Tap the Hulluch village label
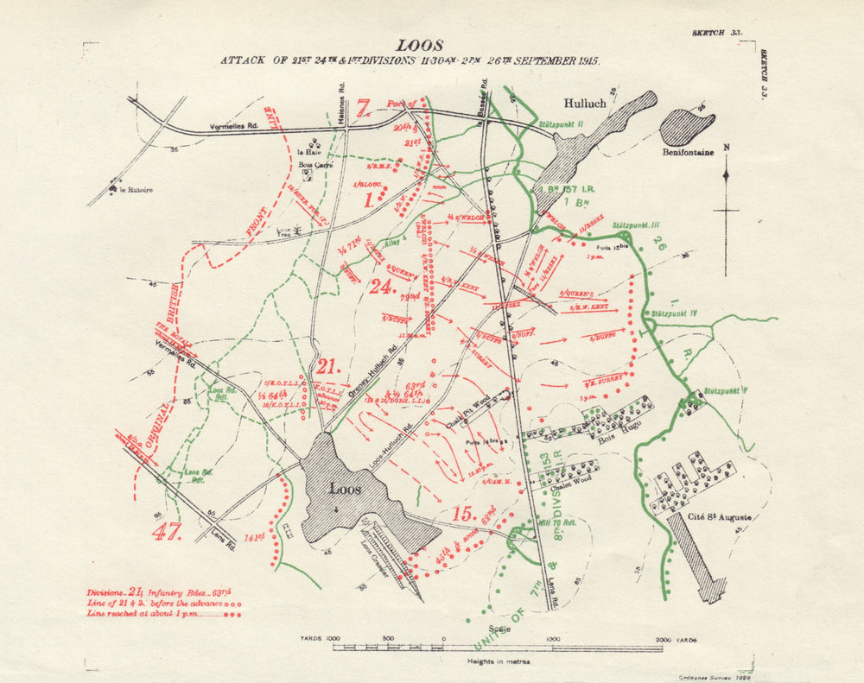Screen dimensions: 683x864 click(x=585, y=103)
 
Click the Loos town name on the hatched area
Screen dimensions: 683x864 click(x=345, y=489)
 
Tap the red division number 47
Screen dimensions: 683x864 click(x=167, y=531)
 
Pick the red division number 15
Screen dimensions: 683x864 click(x=461, y=514)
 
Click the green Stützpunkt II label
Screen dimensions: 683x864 click(x=562, y=123)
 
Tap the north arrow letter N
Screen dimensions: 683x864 click(x=726, y=147)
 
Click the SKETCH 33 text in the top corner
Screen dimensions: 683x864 click(x=717, y=32)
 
